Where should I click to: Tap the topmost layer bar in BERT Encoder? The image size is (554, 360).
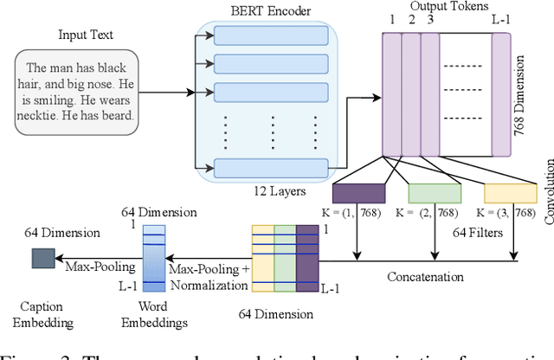(271, 35)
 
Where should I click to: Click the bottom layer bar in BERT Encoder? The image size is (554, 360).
(271, 166)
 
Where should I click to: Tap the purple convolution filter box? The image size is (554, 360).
(358, 194)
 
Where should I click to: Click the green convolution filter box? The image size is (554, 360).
(435, 194)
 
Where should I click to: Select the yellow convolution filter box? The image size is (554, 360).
(510, 194)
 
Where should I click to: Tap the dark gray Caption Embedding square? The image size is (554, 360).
(42, 257)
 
